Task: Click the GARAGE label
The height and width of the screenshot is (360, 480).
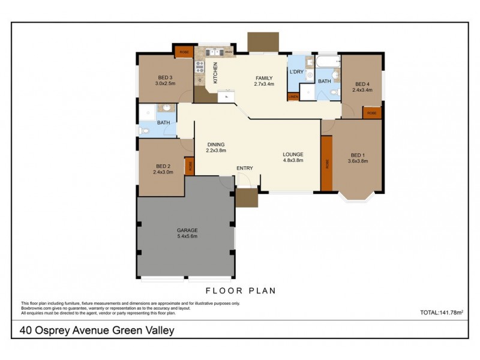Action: coord(187,230)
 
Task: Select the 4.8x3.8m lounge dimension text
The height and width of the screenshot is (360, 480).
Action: coord(293,160)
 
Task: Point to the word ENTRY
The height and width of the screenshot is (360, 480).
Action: coord(244,168)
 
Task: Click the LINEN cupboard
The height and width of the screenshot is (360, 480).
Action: coord(293,97)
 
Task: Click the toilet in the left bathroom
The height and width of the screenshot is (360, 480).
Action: coord(144,130)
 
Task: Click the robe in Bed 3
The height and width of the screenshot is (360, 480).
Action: coord(183,51)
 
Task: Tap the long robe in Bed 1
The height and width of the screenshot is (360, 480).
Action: coord(326,163)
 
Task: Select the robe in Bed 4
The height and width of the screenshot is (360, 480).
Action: coord(372,112)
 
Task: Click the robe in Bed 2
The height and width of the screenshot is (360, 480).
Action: coord(189,166)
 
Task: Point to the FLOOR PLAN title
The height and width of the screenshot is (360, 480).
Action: coord(240,291)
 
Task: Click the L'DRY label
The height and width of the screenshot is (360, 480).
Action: coord(296,72)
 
